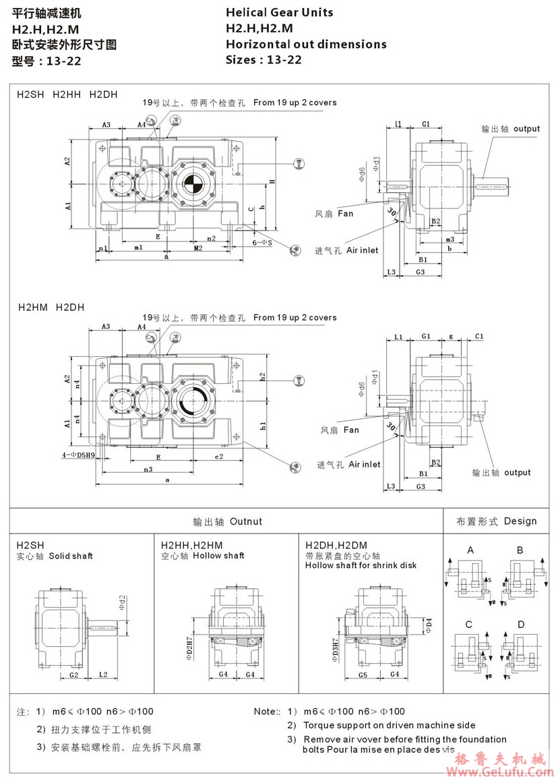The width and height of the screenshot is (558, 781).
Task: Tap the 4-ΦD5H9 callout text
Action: [77, 455]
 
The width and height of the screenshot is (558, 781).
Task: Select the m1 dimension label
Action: [138, 248]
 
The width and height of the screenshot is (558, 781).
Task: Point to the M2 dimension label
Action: [198, 248]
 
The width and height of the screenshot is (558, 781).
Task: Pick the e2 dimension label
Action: [219, 457]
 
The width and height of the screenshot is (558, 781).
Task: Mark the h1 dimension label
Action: [263, 426]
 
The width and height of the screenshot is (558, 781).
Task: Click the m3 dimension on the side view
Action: [449, 239]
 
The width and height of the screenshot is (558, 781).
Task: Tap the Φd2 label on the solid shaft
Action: [122, 600]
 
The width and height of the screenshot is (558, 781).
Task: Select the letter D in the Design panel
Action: [520, 625]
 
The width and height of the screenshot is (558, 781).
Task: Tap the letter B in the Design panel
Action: [520, 550]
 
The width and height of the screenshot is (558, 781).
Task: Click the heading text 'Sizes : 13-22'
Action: [263, 59]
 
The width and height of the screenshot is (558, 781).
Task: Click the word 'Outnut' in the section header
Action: [246, 521]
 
